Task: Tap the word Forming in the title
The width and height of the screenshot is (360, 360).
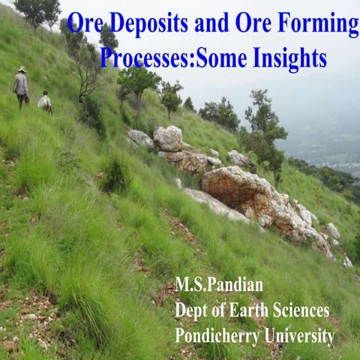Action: tap(319, 25)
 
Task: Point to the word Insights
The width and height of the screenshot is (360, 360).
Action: tap(285, 57)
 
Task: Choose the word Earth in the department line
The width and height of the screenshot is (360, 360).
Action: tap(253, 310)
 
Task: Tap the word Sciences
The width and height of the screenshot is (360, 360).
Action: tap(303, 310)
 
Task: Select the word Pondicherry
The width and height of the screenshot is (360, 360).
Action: tap(217, 335)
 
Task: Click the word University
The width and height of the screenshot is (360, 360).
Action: tap(300, 335)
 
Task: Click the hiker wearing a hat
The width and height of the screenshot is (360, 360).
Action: tap(21, 86)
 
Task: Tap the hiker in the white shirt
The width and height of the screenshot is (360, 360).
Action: tap(46, 101)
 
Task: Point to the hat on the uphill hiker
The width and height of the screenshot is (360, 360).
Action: tap(22, 70)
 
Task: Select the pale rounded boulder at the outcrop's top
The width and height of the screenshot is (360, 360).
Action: tap(168, 137)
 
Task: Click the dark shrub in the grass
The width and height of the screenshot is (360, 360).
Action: tap(114, 175)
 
